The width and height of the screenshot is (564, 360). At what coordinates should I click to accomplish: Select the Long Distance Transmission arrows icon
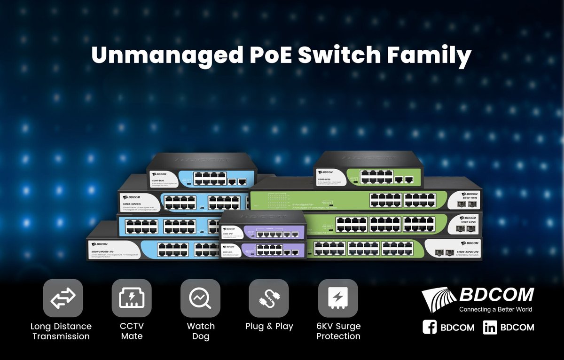click(x=63, y=298)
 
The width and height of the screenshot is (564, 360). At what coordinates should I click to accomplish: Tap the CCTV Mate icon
click(x=132, y=298)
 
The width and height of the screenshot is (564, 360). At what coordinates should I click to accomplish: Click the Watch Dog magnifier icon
click(x=200, y=298)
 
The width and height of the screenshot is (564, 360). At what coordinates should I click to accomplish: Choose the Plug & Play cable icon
click(x=269, y=298)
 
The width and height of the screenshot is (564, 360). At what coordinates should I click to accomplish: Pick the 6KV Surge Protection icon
click(x=338, y=298)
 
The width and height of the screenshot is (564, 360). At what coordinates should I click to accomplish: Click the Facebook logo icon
click(x=430, y=327)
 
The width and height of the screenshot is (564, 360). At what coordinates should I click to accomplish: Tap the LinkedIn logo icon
click(x=490, y=327)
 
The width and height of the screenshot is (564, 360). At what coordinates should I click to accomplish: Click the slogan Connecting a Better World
click(x=495, y=310)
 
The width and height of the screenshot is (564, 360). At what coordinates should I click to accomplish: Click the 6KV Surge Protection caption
click(x=338, y=331)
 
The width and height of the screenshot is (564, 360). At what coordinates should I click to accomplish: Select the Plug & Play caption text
click(x=269, y=326)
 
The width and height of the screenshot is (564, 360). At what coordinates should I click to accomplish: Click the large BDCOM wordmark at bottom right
click(x=497, y=295)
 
